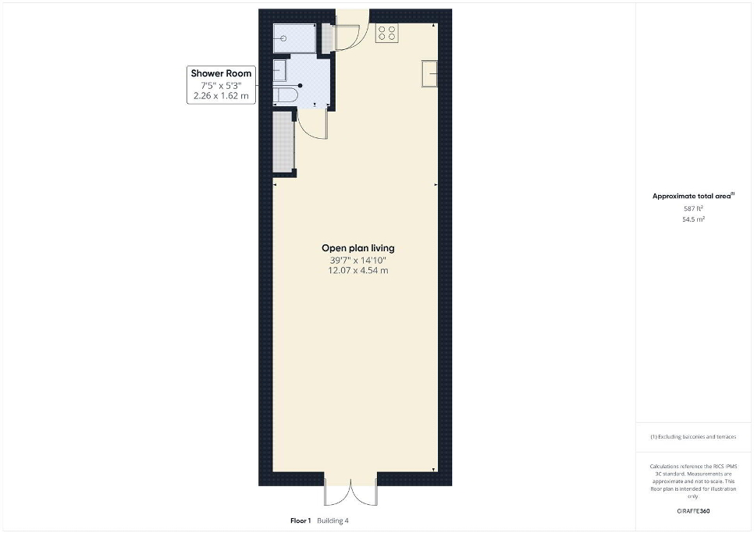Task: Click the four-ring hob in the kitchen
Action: tap(386, 33)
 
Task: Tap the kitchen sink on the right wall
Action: tap(430, 73)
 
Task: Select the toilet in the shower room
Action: tap(286, 94)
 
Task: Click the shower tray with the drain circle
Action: tap(294, 38)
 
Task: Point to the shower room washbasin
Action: tap(280, 72)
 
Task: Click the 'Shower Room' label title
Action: tap(221, 73)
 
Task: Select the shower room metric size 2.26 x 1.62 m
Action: tap(221, 96)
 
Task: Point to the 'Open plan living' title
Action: tap(358, 248)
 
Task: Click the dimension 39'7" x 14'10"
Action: tap(358, 261)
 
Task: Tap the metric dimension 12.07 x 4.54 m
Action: tap(358, 271)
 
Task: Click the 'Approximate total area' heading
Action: tap(693, 196)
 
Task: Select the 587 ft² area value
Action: tap(693, 208)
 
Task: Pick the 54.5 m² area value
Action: tap(693, 219)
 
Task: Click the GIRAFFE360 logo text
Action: tap(693, 511)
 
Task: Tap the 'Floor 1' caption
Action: tap(301, 521)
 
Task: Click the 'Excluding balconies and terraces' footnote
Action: tap(693, 437)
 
